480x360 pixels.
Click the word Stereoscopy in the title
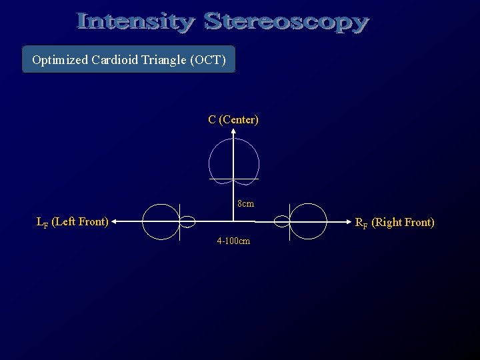[287, 23]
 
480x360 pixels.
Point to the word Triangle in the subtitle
[166, 61]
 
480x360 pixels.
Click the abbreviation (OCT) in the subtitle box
[209, 61]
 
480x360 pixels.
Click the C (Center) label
[233, 120]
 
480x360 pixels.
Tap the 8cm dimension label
[245, 203]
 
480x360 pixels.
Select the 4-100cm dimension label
[233, 241]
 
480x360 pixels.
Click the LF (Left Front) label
[72, 221]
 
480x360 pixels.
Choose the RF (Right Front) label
[394, 222]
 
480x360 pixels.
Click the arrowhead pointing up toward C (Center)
[233, 133]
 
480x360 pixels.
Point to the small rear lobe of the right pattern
[281, 221]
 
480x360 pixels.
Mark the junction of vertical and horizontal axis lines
[233, 221]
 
